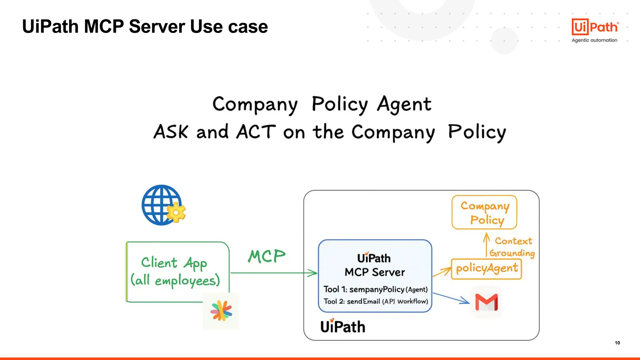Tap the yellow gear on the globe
click(176, 213)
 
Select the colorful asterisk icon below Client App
click(221, 311)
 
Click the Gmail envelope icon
click(486, 302)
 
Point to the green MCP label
click(267, 257)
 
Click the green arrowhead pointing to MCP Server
click(312, 273)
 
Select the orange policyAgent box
click(486, 269)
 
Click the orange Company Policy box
click(484, 212)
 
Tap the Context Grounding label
click(512, 247)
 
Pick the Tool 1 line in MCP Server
click(375, 289)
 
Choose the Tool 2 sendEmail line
click(375, 301)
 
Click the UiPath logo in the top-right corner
click(595, 27)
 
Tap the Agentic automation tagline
click(594, 40)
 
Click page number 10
click(617, 343)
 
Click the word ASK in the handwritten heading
click(171, 132)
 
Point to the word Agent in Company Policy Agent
click(404, 104)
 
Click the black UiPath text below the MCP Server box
click(342, 327)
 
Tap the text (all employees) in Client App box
click(175, 280)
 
